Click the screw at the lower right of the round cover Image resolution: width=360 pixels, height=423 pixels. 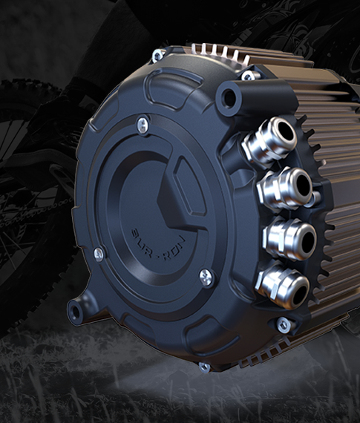207,276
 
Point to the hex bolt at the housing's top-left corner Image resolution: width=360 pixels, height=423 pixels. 159,55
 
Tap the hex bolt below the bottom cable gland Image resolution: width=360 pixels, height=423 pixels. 282,324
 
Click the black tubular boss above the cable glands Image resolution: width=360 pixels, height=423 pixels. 231,95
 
